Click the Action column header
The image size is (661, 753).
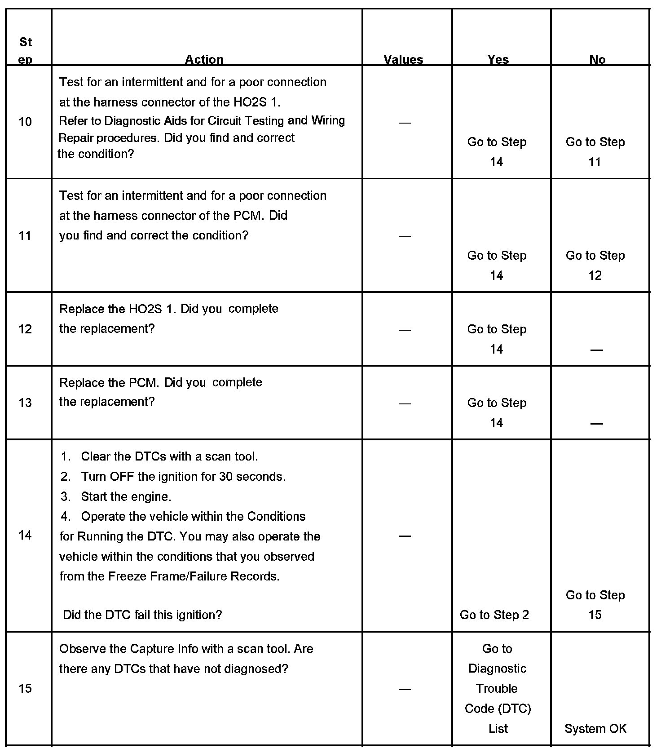tap(204, 59)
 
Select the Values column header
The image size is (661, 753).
tap(403, 59)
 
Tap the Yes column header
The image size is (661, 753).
tap(498, 59)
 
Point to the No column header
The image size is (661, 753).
tap(597, 59)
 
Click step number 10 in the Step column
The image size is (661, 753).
tap(25, 122)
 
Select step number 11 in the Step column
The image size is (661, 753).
tap(25, 236)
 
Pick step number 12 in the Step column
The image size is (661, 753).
tap(25, 329)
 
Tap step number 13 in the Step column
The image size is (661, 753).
tap(25, 403)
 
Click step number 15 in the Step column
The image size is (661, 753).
tap(25, 689)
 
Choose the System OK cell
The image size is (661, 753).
tap(595, 729)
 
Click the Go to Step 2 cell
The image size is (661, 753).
tap(494, 615)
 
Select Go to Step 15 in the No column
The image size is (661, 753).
tap(595, 605)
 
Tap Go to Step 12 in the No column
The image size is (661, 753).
tap(595, 265)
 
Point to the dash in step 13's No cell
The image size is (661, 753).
tap(596, 423)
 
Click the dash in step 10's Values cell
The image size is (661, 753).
tap(405, 123)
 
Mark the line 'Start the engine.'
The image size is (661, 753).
tap(126, 497)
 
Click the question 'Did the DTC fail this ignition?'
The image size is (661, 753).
tap(142, 615)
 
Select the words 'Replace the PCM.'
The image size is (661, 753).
tap(109, 383)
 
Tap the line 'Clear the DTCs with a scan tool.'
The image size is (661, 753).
tap(169, 457)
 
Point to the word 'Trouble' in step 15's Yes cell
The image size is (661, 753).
tap(497, 689)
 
